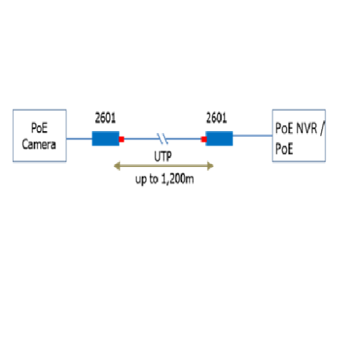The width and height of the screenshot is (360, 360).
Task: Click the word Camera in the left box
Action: [39, 144]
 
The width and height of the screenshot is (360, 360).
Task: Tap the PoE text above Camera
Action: [40, 127]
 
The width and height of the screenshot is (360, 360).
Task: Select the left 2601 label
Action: [105, 118]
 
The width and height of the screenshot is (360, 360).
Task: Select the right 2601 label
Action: [217, 118]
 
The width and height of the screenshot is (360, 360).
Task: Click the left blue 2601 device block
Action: [106, 138]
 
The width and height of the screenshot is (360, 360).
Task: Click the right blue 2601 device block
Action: [219, 138]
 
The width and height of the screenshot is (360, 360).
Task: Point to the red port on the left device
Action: [122, 139]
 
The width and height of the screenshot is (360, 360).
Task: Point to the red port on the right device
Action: [204, 139]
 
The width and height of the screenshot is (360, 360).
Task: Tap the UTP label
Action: [163, 156]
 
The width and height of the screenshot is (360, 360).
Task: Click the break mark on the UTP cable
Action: [163, 139]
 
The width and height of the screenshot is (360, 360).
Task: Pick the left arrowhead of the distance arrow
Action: [117, 166]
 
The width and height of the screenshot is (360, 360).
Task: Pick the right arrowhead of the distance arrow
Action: [210, 166]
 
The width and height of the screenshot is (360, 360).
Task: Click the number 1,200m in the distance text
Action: [177, 179]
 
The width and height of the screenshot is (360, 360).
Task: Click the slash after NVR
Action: [322, 129]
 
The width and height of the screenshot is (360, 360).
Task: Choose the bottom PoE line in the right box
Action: [284, 149]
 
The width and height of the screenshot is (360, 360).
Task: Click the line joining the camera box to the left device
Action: [79, 138]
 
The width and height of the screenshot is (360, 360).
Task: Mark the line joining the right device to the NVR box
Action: [253, 136]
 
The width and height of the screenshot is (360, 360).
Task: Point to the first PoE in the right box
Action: [284, 128]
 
